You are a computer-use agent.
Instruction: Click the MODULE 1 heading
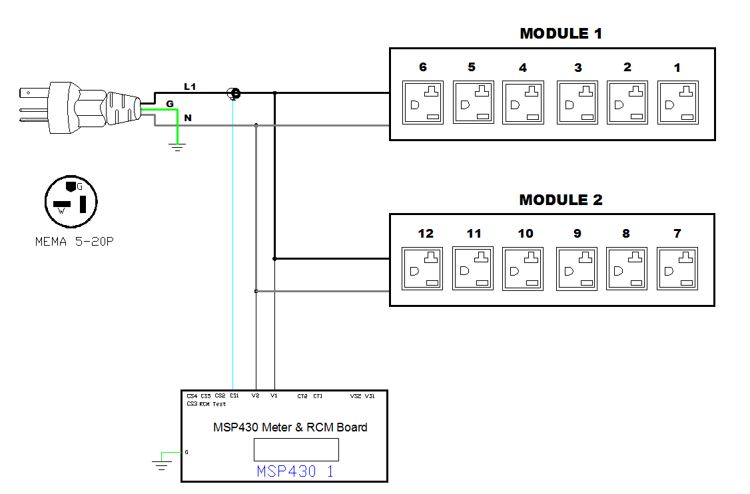561,34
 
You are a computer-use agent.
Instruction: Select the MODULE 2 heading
561,200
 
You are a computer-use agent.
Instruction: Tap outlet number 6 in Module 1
423,102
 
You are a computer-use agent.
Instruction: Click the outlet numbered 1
677,102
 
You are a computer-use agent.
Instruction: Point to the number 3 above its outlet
578,67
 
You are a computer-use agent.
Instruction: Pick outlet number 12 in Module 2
423,268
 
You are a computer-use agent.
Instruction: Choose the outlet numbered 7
677,268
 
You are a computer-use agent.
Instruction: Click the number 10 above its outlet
526,234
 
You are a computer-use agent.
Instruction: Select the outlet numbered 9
577,268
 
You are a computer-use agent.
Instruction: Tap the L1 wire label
190,87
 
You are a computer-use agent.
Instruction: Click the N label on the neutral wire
188,118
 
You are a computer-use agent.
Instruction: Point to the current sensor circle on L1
234,94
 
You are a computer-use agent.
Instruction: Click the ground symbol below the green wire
177,146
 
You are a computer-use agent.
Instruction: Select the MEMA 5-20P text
75,242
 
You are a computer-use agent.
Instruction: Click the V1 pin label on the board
274,396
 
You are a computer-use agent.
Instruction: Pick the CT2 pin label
302,396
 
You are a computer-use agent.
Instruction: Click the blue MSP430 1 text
295,471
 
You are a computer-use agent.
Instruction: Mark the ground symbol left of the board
161,463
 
